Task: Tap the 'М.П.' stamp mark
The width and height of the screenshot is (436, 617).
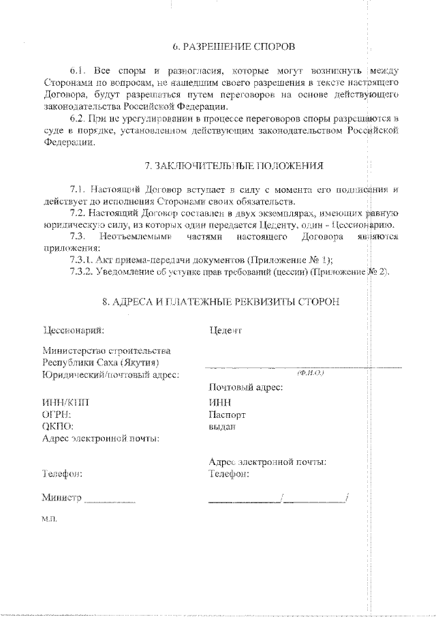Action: (50, 518)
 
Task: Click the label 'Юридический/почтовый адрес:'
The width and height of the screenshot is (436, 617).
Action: (110, 374)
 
